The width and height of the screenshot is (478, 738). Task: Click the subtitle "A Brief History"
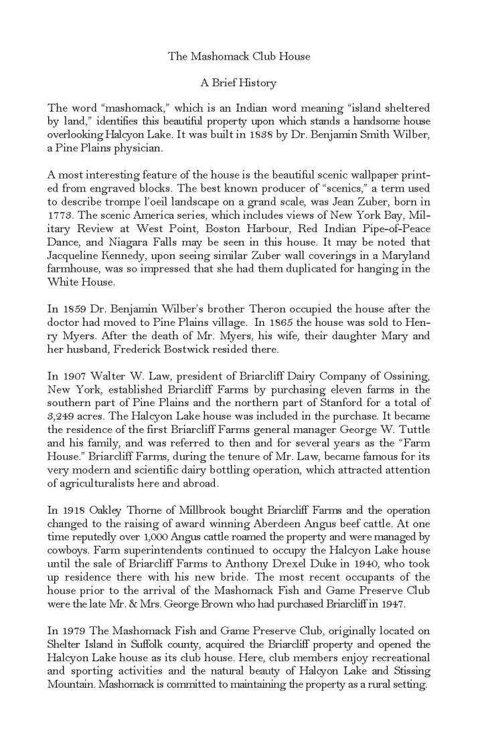pyautogui.click(x=239, y=84)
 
